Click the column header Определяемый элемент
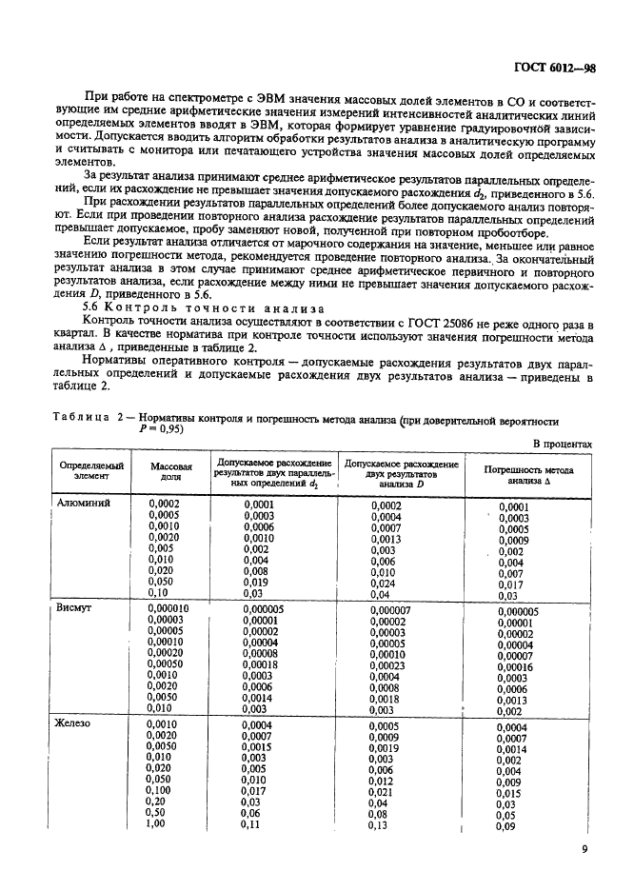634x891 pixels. pos(92,473)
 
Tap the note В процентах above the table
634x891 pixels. pos(562,444)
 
